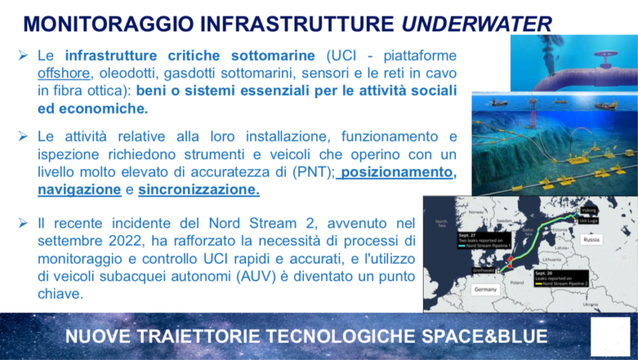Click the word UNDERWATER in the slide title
[477, 23]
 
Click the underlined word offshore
[64, 72]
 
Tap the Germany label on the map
[485, 290]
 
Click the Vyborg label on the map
[592, 210]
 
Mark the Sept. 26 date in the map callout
[545, 273]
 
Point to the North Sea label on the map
[441, 224]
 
